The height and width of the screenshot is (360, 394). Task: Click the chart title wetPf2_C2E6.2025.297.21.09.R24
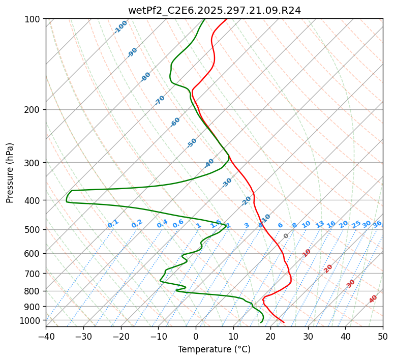214,9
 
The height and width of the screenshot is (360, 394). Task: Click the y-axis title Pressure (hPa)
10,172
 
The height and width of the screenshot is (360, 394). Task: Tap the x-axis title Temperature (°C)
214,350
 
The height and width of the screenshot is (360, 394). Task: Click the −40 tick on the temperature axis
46,336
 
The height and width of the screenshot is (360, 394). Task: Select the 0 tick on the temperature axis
196,336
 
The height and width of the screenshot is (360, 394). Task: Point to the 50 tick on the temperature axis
383,336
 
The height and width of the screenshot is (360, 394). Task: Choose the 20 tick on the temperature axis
270,336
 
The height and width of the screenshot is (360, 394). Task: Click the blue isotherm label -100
121,27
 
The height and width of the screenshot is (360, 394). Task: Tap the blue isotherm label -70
160,100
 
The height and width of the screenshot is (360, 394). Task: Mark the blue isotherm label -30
227,183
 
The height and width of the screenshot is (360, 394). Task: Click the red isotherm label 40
373,299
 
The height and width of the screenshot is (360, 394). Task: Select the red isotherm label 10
307,253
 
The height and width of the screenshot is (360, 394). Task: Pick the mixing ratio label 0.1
113,224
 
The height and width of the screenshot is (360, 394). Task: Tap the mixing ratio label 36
377,224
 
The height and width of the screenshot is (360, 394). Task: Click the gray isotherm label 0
286,236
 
